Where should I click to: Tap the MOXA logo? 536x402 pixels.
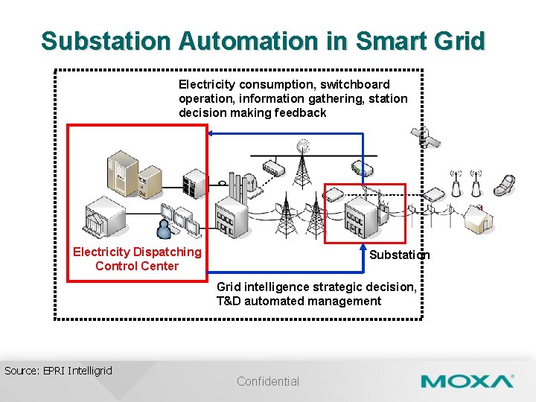click(x=467, y=382)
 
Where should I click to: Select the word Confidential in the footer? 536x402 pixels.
click(x=268, y=381)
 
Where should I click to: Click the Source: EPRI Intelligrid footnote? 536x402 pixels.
click(x=58, y=370)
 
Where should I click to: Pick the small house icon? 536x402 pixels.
click(x=476, y=218)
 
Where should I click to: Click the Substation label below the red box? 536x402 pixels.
click(x=399, y=255)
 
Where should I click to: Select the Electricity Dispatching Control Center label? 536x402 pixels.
click(x=137, y=259)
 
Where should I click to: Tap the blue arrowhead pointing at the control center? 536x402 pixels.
click(x=211, y=133)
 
